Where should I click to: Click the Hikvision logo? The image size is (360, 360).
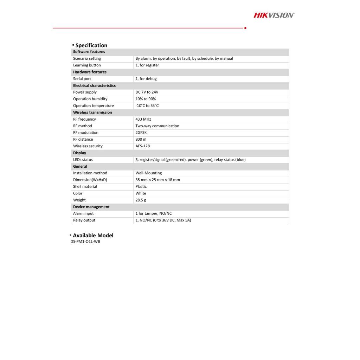click(x=274, y=15)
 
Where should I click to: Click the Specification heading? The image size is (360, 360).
click(x=91, y=45)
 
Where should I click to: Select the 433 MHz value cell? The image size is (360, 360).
click(x=143, y=119)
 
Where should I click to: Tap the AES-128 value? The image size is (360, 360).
click(x=142, y=146)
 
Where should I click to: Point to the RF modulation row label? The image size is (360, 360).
click(x=85, y=133)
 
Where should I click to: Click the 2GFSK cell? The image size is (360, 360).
click(x=141, y=133)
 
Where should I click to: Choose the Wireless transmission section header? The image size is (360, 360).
click(x=92, y=112)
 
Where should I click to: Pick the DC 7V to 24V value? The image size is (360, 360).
click(x=147, y=92)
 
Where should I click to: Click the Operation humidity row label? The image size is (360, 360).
click(x=90, y=99)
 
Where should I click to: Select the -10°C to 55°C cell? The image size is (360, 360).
click(x=147, y=105)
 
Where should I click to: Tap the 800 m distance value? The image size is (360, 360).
click(x=141, y=139)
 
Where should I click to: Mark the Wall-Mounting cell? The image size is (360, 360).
click(x=148, y=173)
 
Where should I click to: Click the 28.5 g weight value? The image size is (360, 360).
click(x=141, y=200)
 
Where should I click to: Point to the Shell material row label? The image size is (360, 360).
click(x=85, y=186)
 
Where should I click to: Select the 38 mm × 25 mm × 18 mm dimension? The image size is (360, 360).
click(x=157, y=180)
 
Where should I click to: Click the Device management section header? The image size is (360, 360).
click(x=91, y=207)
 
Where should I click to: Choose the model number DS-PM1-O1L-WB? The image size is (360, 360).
click(x=85, y=242)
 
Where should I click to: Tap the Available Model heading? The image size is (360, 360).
click(x=93, y=236)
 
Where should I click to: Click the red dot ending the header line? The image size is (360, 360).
click(x=245, y=28)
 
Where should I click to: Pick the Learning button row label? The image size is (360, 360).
click(x=87, y=65)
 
